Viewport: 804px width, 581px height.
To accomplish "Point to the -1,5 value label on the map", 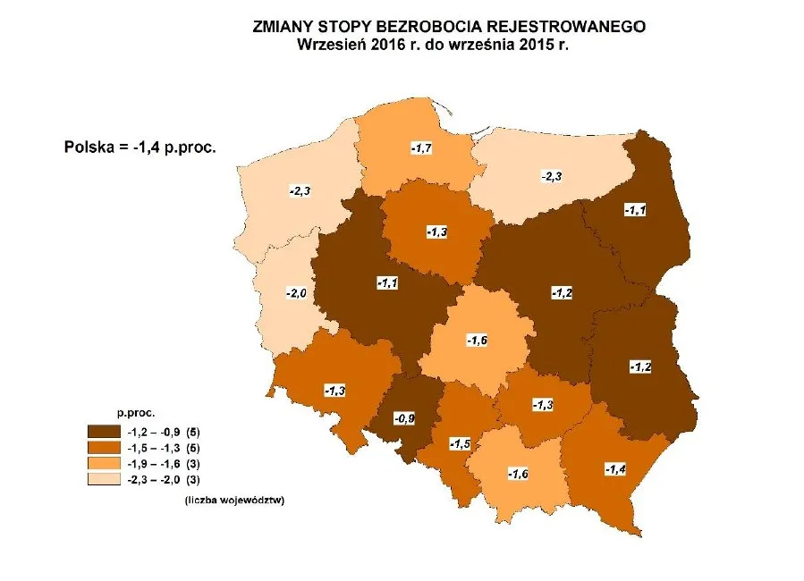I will coord(460,443).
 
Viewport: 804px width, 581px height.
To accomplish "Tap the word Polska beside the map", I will coord(89,147).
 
